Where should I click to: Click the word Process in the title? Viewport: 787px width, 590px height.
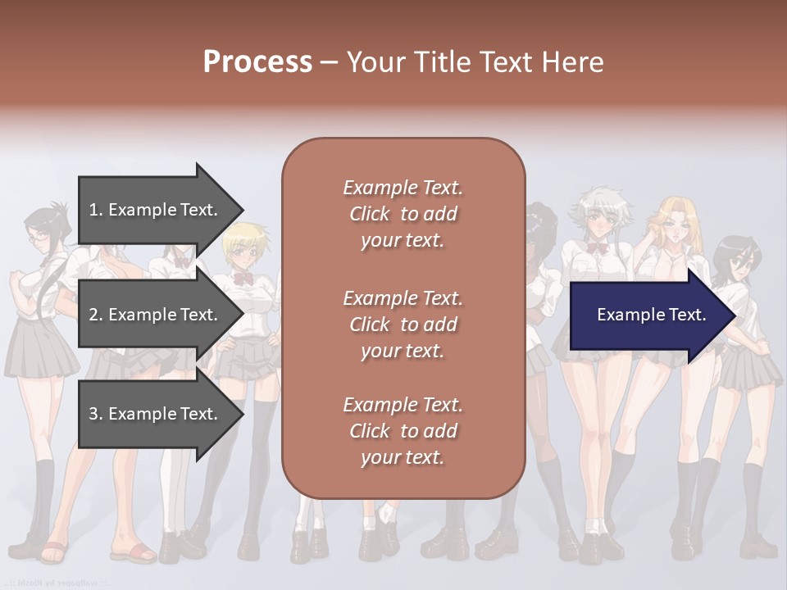257,62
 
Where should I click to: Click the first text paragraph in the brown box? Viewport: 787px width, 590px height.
403,214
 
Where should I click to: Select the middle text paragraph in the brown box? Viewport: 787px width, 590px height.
403,324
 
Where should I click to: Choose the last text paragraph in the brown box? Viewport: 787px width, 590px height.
403,431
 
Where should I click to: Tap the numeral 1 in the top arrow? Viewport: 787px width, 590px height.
93,210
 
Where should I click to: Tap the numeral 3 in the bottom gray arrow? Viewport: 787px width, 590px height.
93,414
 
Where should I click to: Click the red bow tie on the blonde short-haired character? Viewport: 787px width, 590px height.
243,278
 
